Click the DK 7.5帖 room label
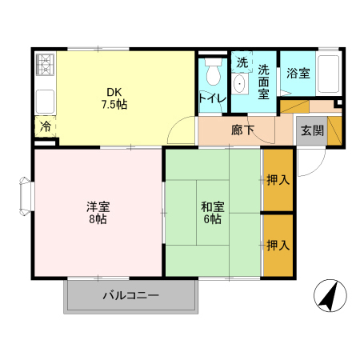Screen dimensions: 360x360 pyautogui.click(x=114, y=98)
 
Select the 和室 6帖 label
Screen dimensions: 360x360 pyautogui.click(x=213, y=213)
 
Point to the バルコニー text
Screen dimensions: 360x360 pyautogui.click(x=130, y=296)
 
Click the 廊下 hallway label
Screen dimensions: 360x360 pyautogui.click(x=242, y=130)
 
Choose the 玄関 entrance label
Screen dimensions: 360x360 pyautogui.click(x=310, y=130)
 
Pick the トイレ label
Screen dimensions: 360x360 pyautogui.click(x=212, y=98)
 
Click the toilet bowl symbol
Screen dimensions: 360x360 pyautogui.click(x=213, y=73)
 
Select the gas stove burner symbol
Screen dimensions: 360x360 pyautogui.click(x=44, y=63)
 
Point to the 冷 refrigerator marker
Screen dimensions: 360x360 pyautogui.click(x=45, y=126)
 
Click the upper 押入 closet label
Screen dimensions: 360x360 pyautogui.click(x=278, y=180)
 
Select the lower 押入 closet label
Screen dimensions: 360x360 pyautogui.click(x=278, y=245)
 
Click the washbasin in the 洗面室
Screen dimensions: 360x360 pyautogui.click(x=239, y=86)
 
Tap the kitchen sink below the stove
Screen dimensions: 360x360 pyautogui.click(x=45, y=102)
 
